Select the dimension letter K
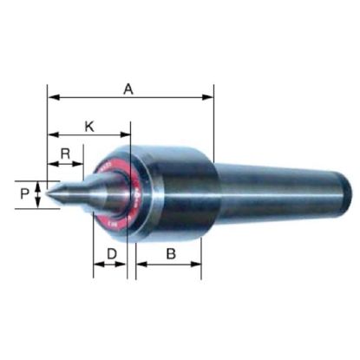pos(89,127)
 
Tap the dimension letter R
pos(65,154)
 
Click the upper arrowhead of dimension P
pos(39,182)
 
